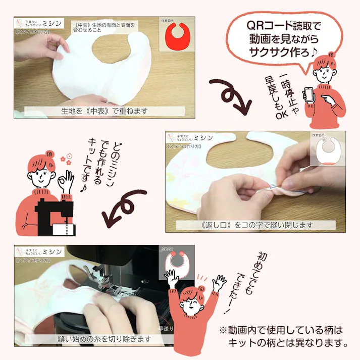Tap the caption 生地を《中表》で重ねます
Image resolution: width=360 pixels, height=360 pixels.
tap(105, 111)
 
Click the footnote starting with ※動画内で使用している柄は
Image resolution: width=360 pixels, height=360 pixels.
tap(283, 337)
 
